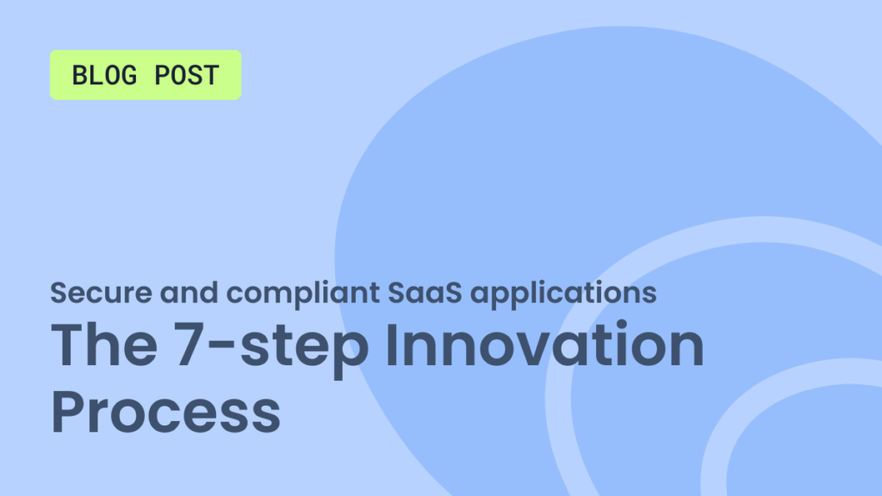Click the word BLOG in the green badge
pyautogui.click(x=104, y=75)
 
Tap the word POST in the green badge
pyautogui.click(x=187, y=75)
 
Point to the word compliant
pyautogui.click(x=303, y=294)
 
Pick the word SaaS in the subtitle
pyautogui.click(x=425, y=293)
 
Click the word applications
pyautogui.click(x=563, y=294)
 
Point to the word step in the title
pyautogui.click(x=304, y=350)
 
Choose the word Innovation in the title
pyautogui.click(x=544, y=344)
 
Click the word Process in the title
pyautogui.click(x=165, y=411)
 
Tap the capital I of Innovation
pyautogui.click(x=392, y=344)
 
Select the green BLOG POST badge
pyautogui.click(x=146, y=75)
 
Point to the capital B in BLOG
pyautogui.click(x=79, y=75)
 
